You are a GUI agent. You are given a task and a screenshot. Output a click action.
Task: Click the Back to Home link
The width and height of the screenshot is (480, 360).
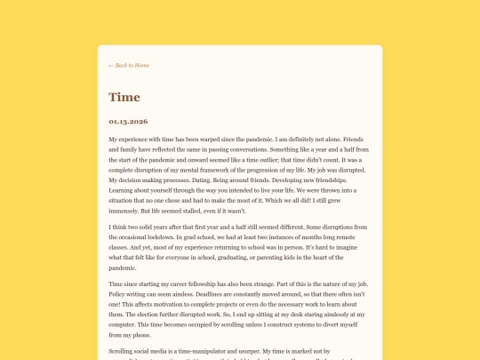pyautogui.click(x=129, y=65)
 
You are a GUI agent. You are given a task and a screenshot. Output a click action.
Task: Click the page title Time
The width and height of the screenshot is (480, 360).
pyautogui.click(x=124, y=97)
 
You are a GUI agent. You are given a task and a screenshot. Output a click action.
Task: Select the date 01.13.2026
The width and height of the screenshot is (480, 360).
pyautogui.click(x=128, y=121)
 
